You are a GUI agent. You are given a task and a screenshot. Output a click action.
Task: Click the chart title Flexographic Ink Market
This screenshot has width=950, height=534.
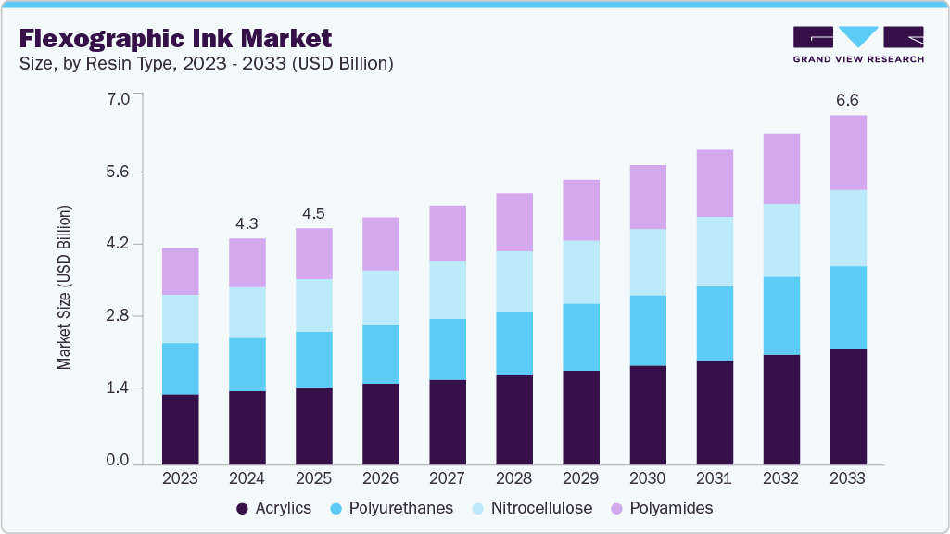coord(175,38)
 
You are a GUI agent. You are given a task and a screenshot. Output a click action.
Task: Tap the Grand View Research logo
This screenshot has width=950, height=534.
coord(858,44)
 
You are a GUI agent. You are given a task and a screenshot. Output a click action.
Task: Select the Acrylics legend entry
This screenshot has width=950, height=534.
coord(274,508)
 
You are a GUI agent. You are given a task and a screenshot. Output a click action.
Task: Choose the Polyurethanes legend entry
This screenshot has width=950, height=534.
coord(394,508)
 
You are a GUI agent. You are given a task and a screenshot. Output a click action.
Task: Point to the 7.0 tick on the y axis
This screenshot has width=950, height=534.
coord(118,97)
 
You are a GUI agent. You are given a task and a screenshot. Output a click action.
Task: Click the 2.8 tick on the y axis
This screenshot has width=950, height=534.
coord(118,316)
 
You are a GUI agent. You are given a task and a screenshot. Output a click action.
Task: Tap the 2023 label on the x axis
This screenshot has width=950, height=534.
coord(180,479)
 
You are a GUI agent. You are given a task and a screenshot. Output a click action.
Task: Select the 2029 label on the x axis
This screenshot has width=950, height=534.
coord(581,479)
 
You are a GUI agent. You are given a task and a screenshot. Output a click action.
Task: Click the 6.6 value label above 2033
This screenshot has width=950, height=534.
coord(848,100)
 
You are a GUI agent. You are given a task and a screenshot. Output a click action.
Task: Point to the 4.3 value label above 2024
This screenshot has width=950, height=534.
coord(247,223)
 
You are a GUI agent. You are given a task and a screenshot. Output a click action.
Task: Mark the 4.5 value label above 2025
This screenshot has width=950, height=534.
coord(313,213)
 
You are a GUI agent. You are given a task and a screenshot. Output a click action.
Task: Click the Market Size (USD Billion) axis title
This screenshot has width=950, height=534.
coord(64,286)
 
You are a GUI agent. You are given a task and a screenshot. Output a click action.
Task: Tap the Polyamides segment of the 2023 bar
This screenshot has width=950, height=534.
coord(180,271)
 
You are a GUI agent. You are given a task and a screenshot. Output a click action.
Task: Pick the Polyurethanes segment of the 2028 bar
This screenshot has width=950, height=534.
coord(514,343)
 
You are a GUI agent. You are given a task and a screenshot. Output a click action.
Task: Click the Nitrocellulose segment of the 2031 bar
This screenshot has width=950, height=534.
coord(715,251)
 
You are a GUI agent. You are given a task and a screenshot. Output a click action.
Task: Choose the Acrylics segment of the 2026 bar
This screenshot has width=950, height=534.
coord(380,423)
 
